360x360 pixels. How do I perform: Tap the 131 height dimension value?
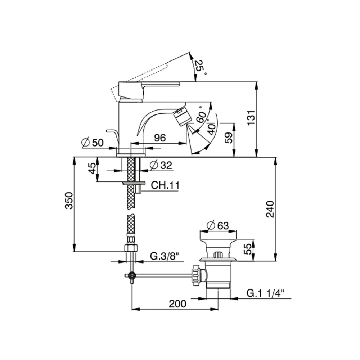251,118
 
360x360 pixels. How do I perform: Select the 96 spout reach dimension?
160,138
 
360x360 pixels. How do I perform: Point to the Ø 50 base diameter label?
93,143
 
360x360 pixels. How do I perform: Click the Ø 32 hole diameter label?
161,165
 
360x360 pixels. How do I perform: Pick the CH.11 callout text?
165,185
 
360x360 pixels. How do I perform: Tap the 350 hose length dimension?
69,201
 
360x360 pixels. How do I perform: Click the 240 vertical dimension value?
270,209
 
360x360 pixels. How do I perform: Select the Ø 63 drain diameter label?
218,225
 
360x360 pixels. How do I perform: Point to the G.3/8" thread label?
165,256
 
